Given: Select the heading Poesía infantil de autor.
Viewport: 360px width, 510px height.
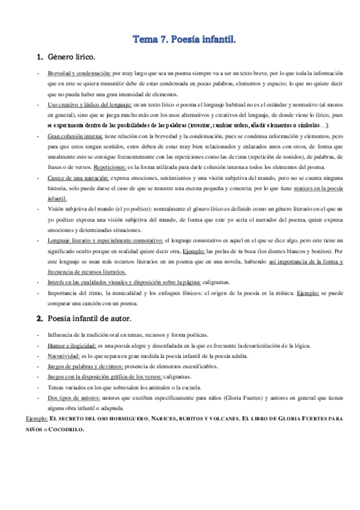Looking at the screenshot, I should coord(93,318).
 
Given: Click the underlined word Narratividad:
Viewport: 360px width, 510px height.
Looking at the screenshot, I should coord(64,357).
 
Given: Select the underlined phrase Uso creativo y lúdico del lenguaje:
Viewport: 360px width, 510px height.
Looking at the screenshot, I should coord(91,105).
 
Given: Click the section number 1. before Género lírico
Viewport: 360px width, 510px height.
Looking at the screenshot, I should coord(40,58).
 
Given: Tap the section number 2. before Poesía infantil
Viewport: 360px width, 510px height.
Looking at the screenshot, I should coord(40,318).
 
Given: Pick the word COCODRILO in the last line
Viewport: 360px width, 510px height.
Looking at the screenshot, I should coord(67,430).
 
